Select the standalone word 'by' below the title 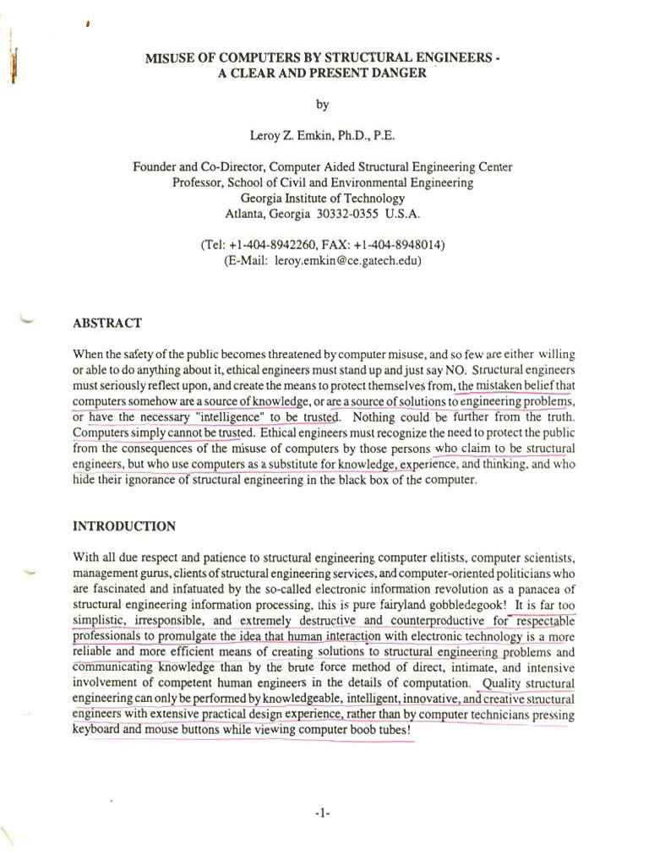click(x=322, y=105)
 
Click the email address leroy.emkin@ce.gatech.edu click(x=347, y=261)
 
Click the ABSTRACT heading click(x=107, y=323)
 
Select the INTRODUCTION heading click(x=124, y=526)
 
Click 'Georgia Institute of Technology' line click(x=322, y=198)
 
